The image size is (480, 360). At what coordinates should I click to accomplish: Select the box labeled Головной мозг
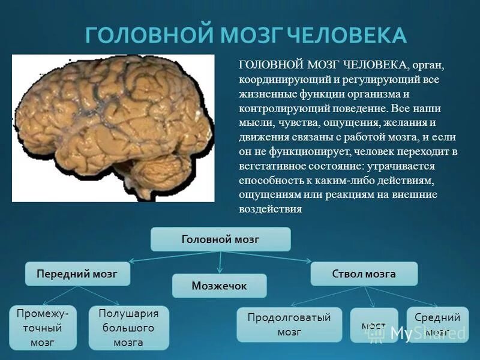click(x=220, y=239)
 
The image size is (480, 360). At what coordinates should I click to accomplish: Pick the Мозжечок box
click(x=219, y=286)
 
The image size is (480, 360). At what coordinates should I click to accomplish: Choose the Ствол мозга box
click(x=364, y=274)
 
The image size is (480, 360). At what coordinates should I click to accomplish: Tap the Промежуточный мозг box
click(x=43, y=328)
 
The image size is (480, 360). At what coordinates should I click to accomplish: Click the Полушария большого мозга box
click(x=128, y=328)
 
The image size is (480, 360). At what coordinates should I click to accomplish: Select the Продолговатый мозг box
click(x=289, y=325)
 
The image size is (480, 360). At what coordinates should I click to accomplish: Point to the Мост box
click(x=373, y=326)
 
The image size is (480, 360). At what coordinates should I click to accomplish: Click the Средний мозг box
click(x=437, y=325)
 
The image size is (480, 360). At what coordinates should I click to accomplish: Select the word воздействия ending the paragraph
click(x=270, y=209)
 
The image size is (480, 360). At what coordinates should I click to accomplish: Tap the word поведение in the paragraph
click(x=354, y=109)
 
